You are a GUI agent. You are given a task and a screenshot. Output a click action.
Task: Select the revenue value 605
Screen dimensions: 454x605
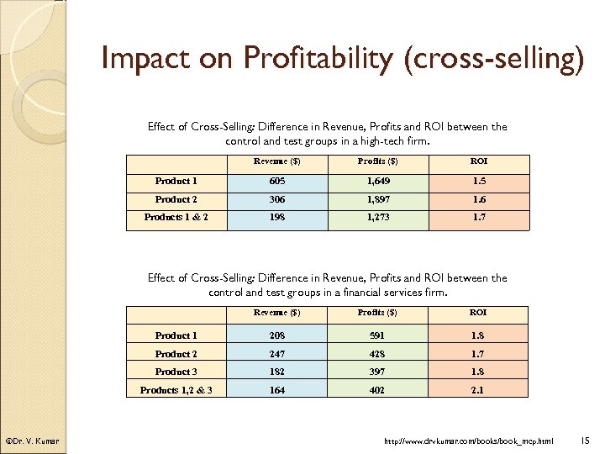point(277,181)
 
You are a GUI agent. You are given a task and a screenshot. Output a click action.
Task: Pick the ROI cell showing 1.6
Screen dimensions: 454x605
point(478,199)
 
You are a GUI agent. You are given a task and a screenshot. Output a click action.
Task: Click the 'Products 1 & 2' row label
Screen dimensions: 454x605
point(176,218)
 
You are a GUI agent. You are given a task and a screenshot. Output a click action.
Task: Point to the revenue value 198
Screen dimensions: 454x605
point(277,218)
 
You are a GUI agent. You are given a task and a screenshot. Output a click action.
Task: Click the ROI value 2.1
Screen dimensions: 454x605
point(478,389)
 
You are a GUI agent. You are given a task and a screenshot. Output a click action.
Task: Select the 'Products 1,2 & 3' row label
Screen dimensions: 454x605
point(176,389)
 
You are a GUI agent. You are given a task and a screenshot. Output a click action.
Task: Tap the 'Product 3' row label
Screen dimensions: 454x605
point(176,372)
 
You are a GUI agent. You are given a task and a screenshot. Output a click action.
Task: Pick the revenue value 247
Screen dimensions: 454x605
point(277,354)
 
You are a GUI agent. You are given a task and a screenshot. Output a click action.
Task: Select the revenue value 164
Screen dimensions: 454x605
point(277,389)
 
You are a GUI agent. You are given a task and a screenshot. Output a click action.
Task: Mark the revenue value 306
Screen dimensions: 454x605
point(277,199)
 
